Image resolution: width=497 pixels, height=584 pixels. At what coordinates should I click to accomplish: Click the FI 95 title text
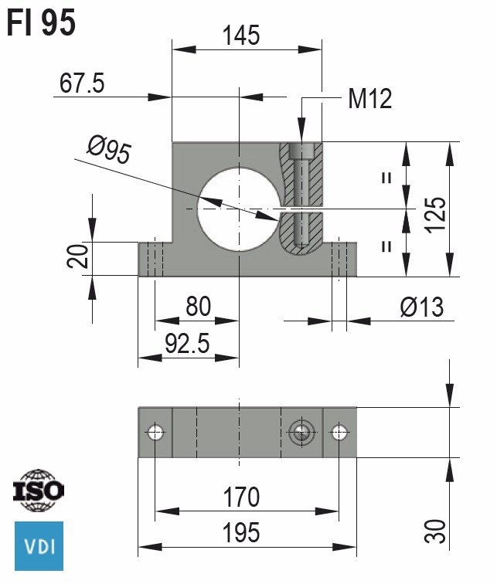[42, 23]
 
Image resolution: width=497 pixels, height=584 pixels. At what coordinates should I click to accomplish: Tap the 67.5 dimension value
[82, 83]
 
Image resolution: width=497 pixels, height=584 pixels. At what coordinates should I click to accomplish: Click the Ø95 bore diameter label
[108, 150]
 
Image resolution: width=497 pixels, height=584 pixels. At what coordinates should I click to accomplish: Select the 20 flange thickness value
[74, 257]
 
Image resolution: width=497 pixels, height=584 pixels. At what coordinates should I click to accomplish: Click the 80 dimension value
[198, 307]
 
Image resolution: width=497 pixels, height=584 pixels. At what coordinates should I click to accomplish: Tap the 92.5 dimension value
[186, 344]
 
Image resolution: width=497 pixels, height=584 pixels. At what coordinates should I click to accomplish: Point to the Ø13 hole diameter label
[422, 307]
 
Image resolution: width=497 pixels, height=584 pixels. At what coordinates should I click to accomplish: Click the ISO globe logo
[39, 491]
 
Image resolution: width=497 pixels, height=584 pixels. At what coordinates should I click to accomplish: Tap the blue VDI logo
[39, 545]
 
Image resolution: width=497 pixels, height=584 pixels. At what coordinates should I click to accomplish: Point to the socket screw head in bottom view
[300, 433]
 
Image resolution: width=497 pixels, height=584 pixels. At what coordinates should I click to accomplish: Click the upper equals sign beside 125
[386, 177]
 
